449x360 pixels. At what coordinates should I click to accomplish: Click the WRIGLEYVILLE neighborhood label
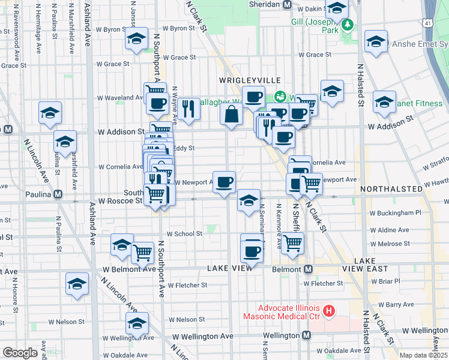click(x=250, y=80)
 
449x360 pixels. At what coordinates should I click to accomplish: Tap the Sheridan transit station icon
click(x=287, y=4)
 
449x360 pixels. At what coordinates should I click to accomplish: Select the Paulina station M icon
click(x=58, y=194)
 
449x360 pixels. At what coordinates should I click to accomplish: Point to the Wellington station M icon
click(x=306, y=335)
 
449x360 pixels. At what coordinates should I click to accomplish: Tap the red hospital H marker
click(x=328, y=310)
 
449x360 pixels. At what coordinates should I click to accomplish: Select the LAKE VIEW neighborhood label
click(x=230, y=268)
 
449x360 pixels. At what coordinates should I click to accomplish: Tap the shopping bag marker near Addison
click(x=231, y=113)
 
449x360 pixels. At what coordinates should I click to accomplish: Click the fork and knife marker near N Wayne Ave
click(x=188, y=108)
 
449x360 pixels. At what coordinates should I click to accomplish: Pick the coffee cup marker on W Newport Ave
click(x=224, y=181)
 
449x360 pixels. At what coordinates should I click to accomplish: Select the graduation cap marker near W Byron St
click(x=136, y=40)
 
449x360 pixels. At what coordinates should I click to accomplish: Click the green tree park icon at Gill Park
click(x=348, y=25)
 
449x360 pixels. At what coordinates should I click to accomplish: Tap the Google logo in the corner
click(x=20, y=353)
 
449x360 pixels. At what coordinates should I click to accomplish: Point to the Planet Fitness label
click(x=418, y=103)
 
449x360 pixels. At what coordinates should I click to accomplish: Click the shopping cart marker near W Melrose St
click(x=292, y=243)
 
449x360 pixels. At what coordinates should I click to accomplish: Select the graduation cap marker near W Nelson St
click(x=137, y=323)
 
